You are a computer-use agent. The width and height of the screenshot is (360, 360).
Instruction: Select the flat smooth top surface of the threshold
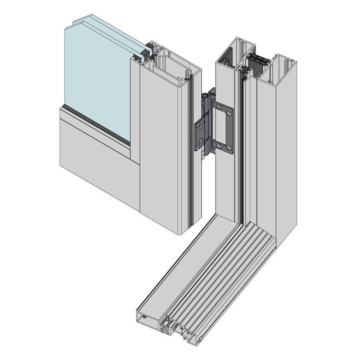[x=189, y=261]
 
